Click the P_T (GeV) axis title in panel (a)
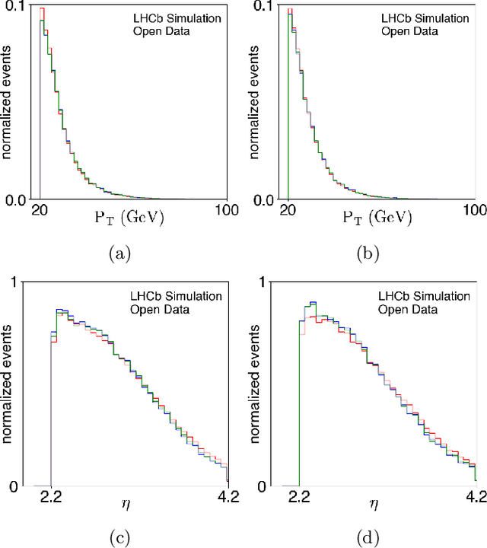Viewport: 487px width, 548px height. coord(124,218)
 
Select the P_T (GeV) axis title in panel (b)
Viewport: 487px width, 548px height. coord(372,218)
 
